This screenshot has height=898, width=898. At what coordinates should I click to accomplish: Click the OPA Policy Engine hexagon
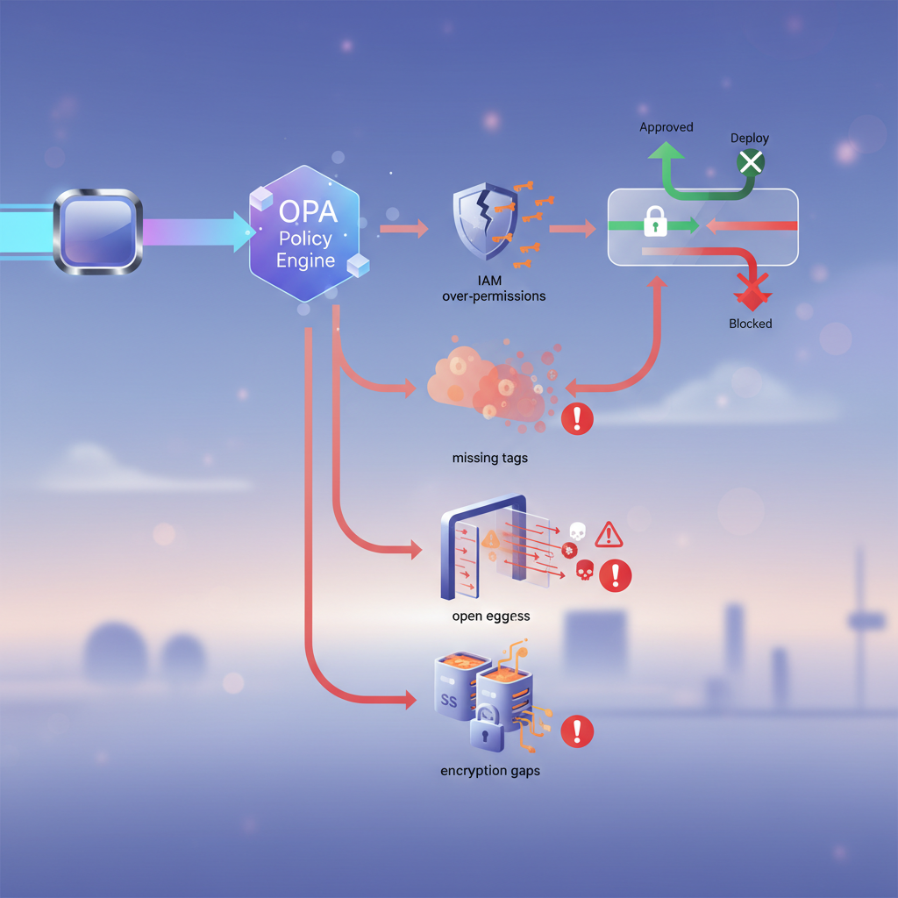pos(305,237)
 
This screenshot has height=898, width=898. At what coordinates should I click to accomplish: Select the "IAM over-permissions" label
pos(494,288)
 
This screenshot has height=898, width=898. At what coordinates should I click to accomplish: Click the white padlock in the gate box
pos(655,223)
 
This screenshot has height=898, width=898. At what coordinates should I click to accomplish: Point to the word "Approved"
pos(666,127)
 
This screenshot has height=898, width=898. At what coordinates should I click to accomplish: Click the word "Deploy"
pos(750,139)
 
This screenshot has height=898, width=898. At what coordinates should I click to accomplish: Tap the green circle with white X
pos(751,161)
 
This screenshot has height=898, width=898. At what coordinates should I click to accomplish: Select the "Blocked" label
pos(751,324)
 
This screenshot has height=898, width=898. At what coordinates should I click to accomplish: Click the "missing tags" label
pos(490,458)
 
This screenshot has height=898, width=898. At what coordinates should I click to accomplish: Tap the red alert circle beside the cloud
pos(577,417)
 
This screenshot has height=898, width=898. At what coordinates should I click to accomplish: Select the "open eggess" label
pos(490,616)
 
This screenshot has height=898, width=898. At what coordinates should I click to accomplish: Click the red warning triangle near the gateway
pos(608,533)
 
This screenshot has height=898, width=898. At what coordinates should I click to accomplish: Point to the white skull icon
pos(577,531)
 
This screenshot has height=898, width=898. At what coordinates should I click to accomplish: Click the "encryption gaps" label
pos(490,771)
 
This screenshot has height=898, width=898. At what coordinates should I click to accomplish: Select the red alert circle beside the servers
pos(577,730)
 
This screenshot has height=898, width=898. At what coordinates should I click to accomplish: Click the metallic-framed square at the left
pos(97,232)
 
